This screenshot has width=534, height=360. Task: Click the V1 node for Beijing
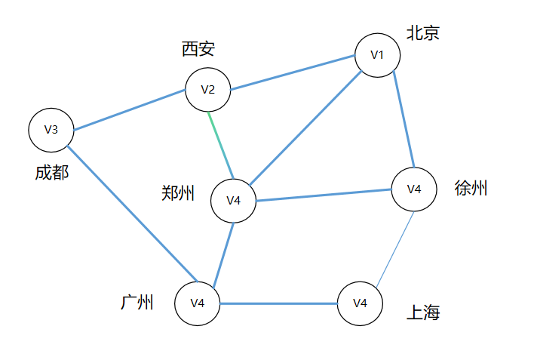(377, 55)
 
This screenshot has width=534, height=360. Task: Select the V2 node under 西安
(208, 90)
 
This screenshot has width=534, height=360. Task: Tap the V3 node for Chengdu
(51, 129)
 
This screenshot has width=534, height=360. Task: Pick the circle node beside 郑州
(233, 201)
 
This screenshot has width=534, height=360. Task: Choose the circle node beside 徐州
(413, 189)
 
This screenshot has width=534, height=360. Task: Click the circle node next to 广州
(197, 303)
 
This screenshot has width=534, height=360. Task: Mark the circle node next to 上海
(360, 303)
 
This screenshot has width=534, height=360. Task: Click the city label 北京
(423, 33)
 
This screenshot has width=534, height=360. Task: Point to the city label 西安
(198, 50)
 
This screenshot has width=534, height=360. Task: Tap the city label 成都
(51, 173)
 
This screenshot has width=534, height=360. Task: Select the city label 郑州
(178, 193)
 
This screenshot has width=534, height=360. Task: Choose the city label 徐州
(471, 189)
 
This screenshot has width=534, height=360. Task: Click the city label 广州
(137, 303)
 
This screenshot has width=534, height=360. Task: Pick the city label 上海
(423, 312)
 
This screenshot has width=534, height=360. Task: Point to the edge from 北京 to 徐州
(403, 122)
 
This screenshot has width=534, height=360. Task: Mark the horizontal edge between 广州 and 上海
(278, 303)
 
